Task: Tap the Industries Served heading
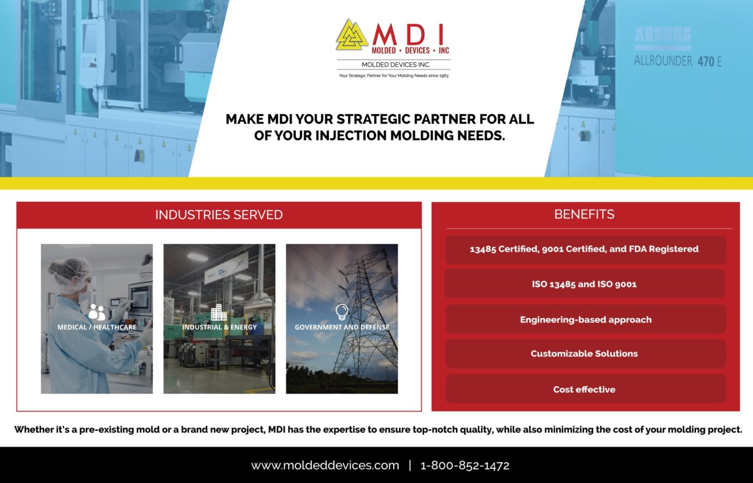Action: (x=219, y=215)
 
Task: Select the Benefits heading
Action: (x=584, y=214)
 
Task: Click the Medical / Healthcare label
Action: (x=96, y=327)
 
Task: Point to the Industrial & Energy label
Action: (x=219, y=327)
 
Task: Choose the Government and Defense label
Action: (x=342, y=327)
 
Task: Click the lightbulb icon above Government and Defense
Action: (x=341, y=312)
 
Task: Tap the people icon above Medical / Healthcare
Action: (x=97, y=312)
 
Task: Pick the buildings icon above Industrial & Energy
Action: (x=219, y=312)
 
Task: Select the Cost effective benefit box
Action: (x=585, y=389)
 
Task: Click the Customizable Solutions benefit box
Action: (x=585, y=354)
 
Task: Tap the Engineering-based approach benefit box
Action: (x=585, y=319)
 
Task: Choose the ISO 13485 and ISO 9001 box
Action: (x=584, y=284)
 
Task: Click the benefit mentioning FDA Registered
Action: (x=584, y=249)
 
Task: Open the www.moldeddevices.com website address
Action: (x=325, y=465)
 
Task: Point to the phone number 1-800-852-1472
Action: (x=465, y=465)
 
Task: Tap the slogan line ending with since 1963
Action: (x=394, y=76)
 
